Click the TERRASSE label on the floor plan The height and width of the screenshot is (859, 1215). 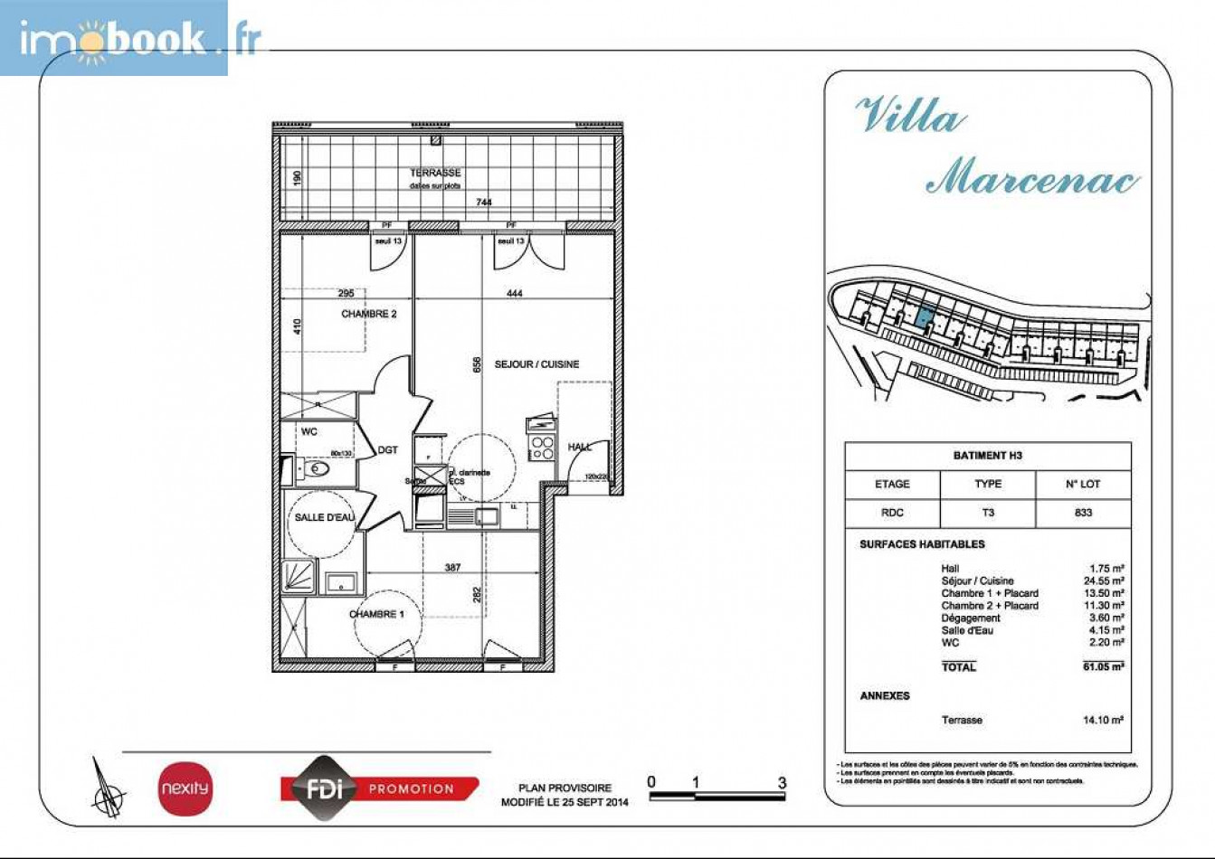(435, 172)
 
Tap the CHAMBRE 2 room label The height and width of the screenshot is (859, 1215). (368, 314)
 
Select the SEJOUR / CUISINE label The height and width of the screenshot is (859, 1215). (536, 364)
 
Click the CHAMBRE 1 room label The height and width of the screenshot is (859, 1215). (376, 614)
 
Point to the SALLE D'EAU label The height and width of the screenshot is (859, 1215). (324, 517)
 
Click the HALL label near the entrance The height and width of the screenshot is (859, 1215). (580, 447)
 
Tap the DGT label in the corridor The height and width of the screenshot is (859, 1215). (387, 450)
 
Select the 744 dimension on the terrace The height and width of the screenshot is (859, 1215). (484, 203)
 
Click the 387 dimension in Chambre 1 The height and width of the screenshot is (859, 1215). (452, 568)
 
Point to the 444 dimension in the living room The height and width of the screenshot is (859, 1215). (514, 293)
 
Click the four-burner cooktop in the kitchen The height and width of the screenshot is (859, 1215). (542, 447)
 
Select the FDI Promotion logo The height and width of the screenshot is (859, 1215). (380, 788)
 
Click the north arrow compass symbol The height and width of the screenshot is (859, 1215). (109, 787)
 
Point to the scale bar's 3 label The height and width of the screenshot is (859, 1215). (782, 783)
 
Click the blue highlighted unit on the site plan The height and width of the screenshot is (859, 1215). (924, 317)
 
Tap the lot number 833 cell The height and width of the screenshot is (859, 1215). (1083, 512)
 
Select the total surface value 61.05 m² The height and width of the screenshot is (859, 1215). (1103, 666)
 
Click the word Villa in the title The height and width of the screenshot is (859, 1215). (909, 117)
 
